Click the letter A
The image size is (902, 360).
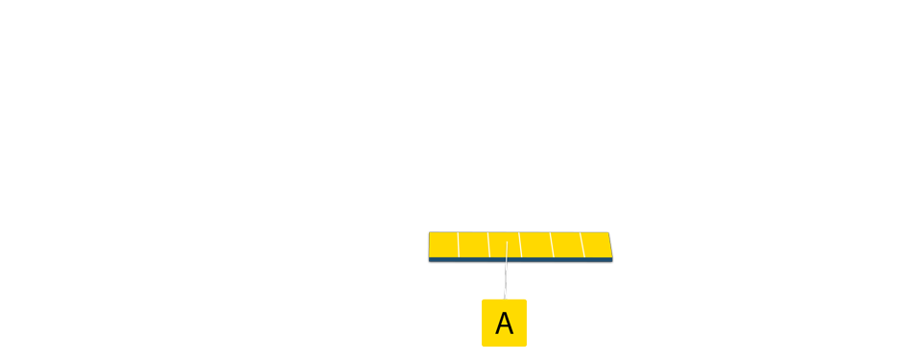(504, 324)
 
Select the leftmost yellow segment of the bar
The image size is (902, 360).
(442, 245)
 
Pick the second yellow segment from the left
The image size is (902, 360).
(474, 245)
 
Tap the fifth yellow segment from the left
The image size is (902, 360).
(567, 245)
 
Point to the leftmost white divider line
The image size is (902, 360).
(459, 245)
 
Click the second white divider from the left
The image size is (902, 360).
(489, 245)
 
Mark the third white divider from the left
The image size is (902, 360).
(520, 245)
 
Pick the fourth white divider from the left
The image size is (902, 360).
(552, 245)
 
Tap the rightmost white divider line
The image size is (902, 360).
(582, 245)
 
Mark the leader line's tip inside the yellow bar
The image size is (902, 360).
(507, 243)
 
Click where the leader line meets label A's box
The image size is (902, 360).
(504, 299)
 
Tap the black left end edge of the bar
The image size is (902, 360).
(427, 247)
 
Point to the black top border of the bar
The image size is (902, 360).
(518, 230)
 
